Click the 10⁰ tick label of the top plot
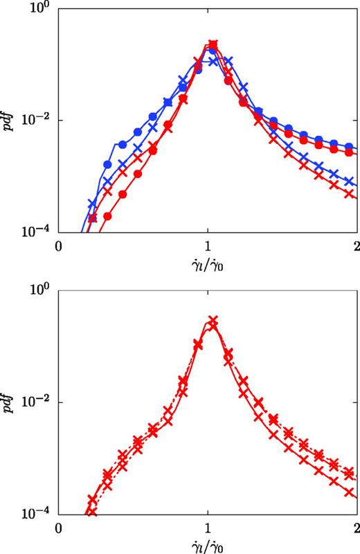pyautogui.click(x=39, y=10)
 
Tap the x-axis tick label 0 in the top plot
pyautogui.click(x=60, y=247)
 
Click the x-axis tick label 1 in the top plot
pyautogui.click(x=208, y=247)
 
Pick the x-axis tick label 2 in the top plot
pyautogui.click(x=355, y=247)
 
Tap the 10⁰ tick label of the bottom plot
pyautogui.click(x=39, y=292)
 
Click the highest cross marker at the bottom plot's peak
pyautogui.click(x=213, y=321)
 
